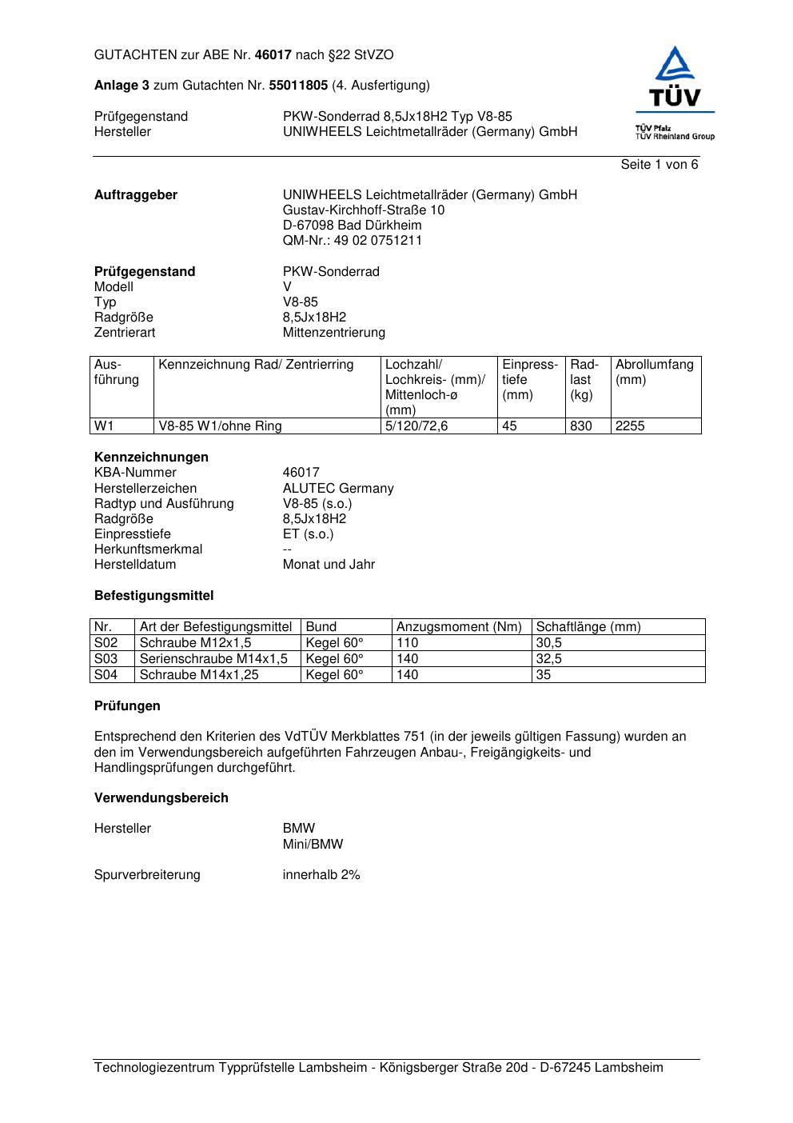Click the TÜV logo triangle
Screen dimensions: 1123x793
coord(675,65)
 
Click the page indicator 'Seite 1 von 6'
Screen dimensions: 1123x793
coord(659,165)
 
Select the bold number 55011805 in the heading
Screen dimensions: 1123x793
coord(298,85)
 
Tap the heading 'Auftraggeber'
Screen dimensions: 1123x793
coord(136,195)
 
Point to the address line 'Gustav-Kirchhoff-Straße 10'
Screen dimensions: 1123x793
coord(364,210)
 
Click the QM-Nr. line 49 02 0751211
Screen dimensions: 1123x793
coord(353,241)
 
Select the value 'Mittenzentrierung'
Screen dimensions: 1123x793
coord(333,333)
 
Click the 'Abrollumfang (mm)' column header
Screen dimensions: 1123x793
coord(655,372)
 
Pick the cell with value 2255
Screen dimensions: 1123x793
coord(630,426)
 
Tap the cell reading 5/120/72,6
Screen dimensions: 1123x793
coord(416,426)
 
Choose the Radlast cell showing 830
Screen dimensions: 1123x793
coord(581,426)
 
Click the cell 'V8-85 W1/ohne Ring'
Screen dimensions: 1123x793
coord(220,426)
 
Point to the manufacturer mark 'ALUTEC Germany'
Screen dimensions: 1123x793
coord(338,489)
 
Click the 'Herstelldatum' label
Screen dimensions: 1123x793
coord(135,565)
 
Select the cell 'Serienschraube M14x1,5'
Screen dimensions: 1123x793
coord(213,659)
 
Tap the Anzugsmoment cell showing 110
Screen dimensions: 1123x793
coord(407,643)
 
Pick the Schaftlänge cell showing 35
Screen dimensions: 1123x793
coord(544,675)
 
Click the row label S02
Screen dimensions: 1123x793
coord(106,643)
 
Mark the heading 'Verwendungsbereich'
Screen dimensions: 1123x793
coord(161,798)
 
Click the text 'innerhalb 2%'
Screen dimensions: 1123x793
coord(321,875)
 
